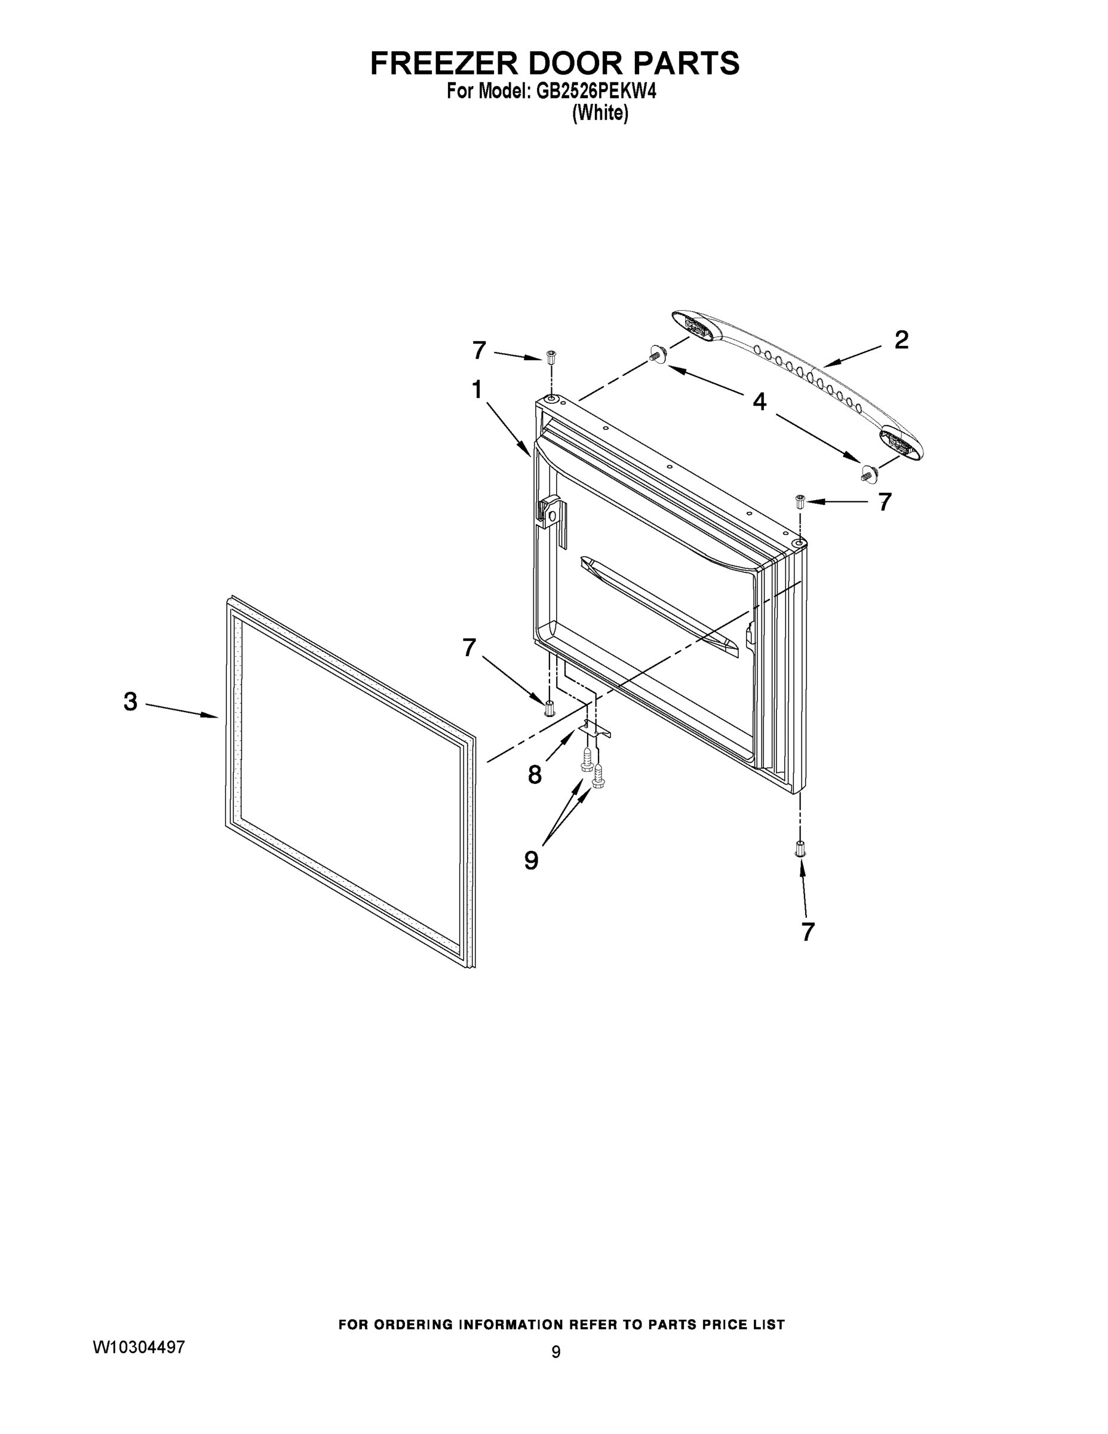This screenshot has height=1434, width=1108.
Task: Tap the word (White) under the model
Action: pos(600,114)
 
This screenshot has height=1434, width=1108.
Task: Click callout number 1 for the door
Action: pos(477,390)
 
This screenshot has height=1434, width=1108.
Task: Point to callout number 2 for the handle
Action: pos(901,340)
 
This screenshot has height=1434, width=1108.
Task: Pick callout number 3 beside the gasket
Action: pos(131,702)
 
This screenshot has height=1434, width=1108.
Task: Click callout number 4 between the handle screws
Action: pos(759,401)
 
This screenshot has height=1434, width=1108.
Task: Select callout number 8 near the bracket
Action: pos(535,775)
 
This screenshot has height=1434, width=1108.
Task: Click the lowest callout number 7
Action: pos(808,932)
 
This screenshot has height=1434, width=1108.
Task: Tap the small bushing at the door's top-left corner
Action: pos(551,358)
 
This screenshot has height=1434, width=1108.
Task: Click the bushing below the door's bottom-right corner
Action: pos(800,849)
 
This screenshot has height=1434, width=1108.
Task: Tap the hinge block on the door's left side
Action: pos(549,510)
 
